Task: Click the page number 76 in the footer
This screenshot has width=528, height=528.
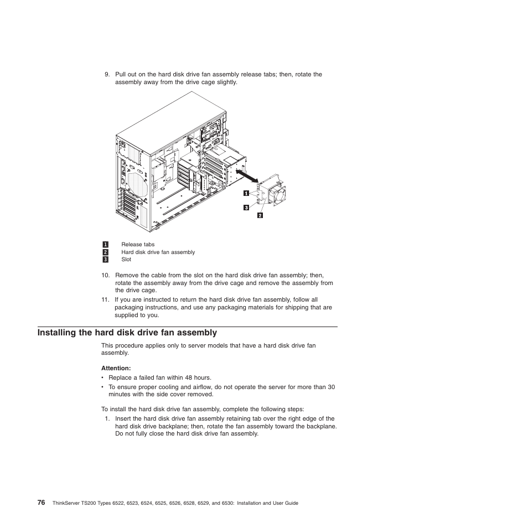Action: (x=42, y=502)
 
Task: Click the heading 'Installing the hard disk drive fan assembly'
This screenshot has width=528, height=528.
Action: (x=127, y=333)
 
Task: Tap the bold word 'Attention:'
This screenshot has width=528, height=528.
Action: (x=116, y=368)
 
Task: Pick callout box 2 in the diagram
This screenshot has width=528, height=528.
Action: (x=259, y=215)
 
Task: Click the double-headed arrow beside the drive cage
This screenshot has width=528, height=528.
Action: (x=246, y=176)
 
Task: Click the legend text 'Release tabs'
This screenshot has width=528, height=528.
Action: (x=138, y=244)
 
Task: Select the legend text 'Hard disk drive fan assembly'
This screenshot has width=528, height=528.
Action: (x=158, y=252)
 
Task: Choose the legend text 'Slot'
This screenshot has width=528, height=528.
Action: (x=126, y=259)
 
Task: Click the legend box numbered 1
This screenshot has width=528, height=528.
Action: (x=105, y=244)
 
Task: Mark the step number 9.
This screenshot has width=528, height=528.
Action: (x=106, y=74)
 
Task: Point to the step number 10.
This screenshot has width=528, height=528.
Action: (x=105, y=275)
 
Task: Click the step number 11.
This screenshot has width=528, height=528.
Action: (x=105, y=299)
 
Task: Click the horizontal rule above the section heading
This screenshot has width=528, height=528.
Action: (x=188, y=327)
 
